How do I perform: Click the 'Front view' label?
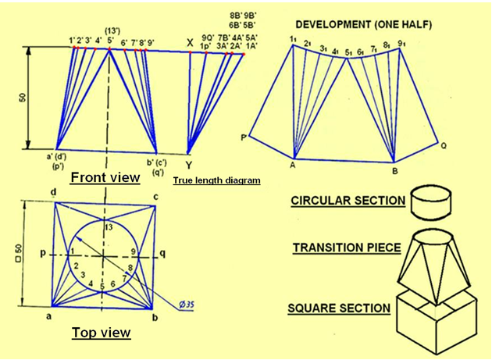105,177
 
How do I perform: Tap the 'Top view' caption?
101,333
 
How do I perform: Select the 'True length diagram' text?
216,180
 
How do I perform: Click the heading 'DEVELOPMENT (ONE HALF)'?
357,22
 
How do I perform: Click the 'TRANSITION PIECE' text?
347,248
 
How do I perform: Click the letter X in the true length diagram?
190,42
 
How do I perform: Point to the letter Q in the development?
444,145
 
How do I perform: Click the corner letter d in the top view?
52,193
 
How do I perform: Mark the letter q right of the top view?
162,254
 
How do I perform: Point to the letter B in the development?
395,168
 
